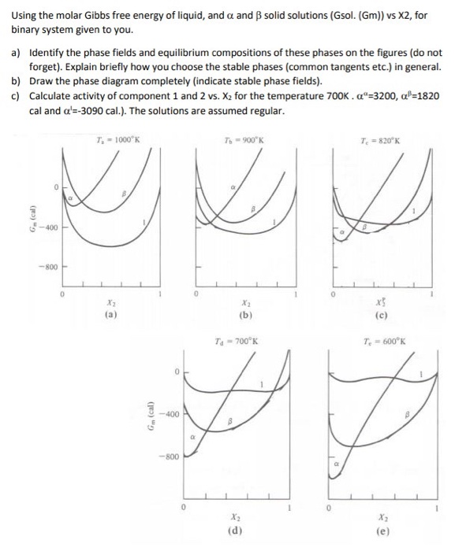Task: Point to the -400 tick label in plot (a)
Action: tap(43, 228)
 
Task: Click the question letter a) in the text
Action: tap(16, 53)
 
